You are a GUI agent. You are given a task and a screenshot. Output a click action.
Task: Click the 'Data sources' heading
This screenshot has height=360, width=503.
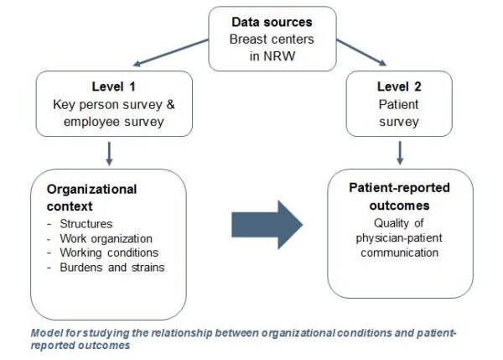coord(272,22)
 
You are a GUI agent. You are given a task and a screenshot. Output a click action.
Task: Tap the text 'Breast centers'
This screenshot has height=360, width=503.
coord(272,39)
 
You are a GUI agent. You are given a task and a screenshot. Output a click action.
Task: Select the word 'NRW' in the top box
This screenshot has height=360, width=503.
coord(279,56)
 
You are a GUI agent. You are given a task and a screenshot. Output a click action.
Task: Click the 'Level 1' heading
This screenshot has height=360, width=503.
coord(113,86)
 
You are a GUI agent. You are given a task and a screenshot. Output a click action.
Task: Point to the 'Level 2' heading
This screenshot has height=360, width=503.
coord(399,86)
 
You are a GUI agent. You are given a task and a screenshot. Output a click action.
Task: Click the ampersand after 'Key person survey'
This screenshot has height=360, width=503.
coord(171,104)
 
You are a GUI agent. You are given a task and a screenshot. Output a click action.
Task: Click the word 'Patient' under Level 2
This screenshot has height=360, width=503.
coord(398,104)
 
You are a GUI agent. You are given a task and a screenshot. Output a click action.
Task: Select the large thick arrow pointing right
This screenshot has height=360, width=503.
coord(267,225)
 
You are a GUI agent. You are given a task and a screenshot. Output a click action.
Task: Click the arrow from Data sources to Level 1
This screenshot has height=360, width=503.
coord(171,53)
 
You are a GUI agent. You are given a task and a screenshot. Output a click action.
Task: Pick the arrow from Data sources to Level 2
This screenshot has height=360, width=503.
coord(361,52)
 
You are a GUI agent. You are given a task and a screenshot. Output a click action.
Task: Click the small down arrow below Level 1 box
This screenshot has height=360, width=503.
coord(109,154)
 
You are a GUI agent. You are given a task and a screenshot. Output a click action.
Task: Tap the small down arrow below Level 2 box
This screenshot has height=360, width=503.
coord(400,154)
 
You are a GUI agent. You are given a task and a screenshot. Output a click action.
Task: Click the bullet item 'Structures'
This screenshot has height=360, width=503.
coord(86,224)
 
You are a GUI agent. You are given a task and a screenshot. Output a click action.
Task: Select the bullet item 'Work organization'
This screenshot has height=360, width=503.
coord(106,238)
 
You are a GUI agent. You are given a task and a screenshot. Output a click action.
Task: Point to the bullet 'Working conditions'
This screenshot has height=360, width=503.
coord(109,253)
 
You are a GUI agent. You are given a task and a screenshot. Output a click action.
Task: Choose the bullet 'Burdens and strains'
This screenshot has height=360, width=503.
coord(112,268)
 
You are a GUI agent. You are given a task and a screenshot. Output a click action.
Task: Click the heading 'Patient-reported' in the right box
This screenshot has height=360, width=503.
coord(399,188)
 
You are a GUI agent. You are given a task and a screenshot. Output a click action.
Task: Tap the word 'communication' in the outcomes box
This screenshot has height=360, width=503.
coord(399,253)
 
